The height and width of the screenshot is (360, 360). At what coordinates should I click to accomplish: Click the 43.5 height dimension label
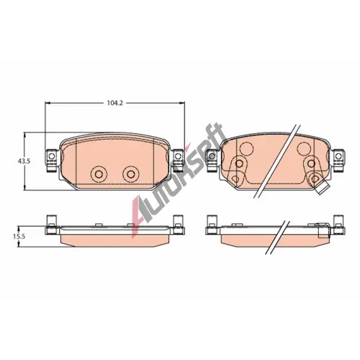point(24,161)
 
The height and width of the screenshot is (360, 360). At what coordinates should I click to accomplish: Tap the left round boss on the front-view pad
point(99,174)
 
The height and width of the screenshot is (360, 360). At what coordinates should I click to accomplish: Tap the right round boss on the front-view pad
point(130,174)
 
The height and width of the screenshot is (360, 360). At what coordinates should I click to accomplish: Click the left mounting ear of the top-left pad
point(51,161)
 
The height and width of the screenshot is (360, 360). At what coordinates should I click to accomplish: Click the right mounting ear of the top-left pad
point(178,161)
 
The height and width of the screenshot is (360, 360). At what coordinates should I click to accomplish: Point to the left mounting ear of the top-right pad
point(212,161)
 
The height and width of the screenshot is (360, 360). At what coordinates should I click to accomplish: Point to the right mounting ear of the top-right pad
point(339,161)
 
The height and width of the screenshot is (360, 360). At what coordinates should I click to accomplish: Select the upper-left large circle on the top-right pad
point(247,148)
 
